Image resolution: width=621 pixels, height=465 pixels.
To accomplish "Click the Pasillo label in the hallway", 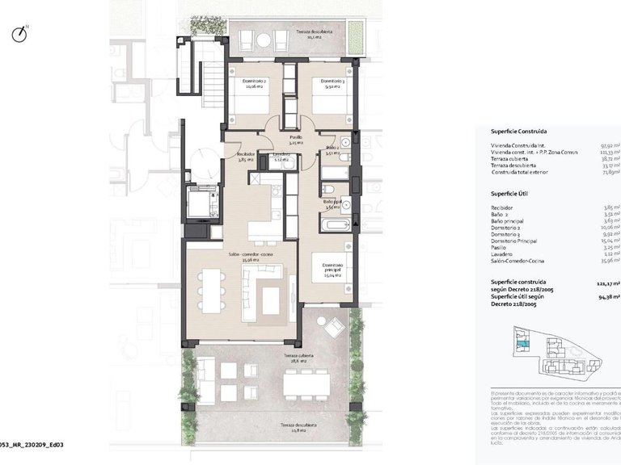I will pos(296,140).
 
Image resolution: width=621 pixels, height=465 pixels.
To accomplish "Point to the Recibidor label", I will pos(246,156).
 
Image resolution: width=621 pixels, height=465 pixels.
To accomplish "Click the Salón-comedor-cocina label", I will pos(251,257).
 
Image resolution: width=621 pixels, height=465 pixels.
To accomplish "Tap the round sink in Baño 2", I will pos(345,142).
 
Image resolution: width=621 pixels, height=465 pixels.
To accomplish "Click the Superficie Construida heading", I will pos(518,131).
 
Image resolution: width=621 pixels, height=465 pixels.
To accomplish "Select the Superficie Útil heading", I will pos(509,195).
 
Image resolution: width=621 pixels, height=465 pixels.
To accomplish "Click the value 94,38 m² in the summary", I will pos(609,295).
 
